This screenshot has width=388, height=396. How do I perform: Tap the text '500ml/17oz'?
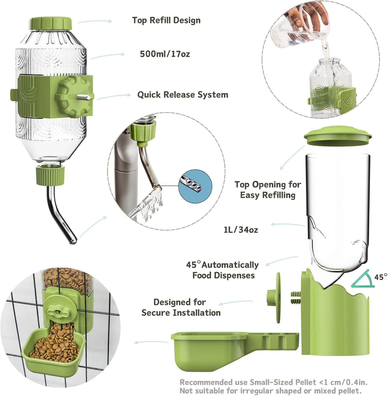click(165, 54)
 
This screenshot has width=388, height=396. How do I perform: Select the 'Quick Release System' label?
click(183, 95)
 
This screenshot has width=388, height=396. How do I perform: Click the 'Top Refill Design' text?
click(166, 20)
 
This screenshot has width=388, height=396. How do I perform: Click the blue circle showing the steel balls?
click(195, 186)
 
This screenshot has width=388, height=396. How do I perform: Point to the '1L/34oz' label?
click(241, 230)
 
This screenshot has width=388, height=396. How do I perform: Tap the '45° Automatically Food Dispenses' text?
click(223, 270)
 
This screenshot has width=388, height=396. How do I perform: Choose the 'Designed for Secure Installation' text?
click(181, 307)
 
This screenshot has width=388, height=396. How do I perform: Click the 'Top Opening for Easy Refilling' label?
click(268, 190)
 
